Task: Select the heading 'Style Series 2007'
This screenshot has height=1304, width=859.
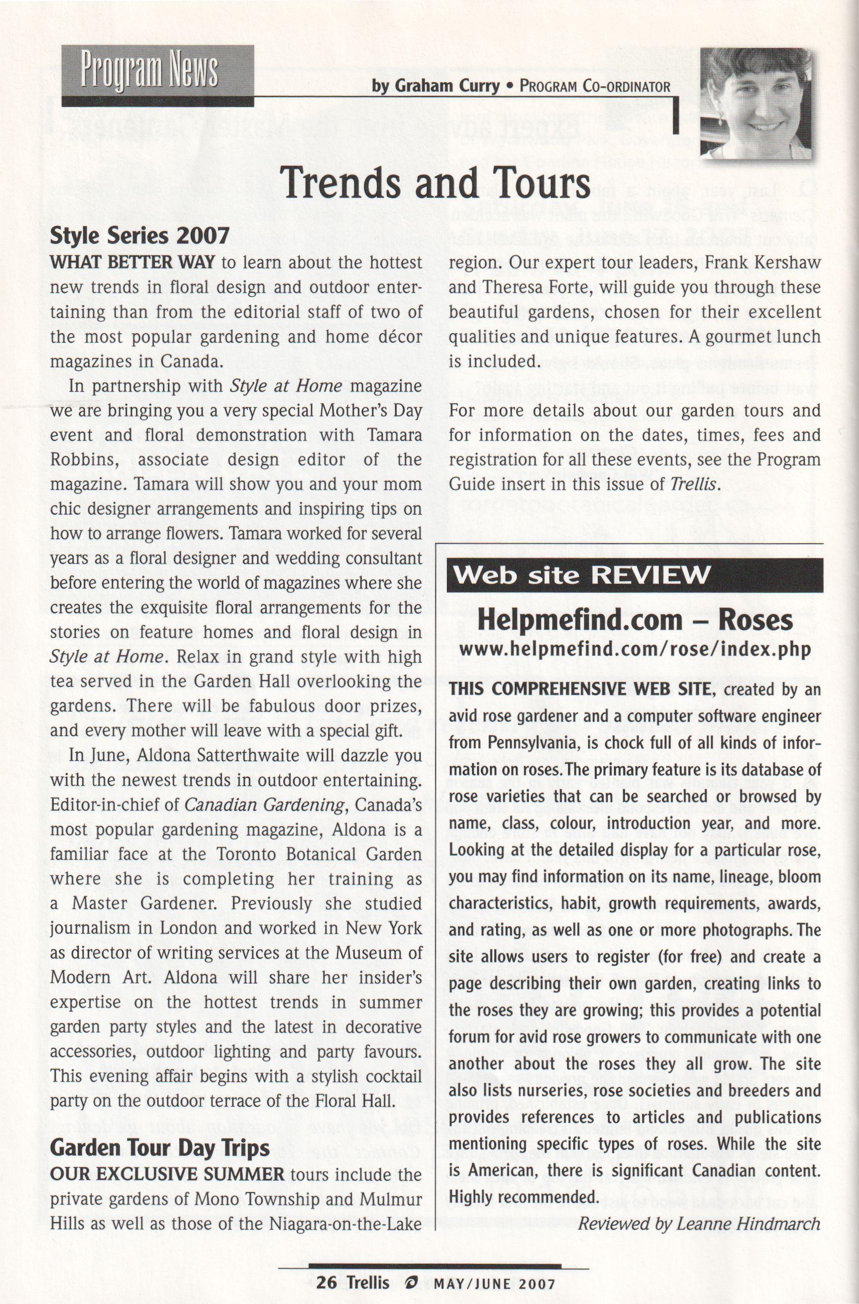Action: pos(139,236)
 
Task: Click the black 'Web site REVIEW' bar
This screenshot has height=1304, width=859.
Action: pos(634,575)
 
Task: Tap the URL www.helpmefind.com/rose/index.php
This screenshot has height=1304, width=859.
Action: pos(634,649)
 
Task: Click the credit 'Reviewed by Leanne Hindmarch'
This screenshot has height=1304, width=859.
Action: pos(698,1224)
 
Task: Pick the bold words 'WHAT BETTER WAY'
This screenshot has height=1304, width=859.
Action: pos(132,262)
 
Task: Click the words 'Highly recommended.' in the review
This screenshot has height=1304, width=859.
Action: pos(522,1197)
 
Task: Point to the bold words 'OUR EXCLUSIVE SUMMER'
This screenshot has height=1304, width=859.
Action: pos(167,1174)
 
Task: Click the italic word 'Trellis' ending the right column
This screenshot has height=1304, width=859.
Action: pos(692,484)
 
